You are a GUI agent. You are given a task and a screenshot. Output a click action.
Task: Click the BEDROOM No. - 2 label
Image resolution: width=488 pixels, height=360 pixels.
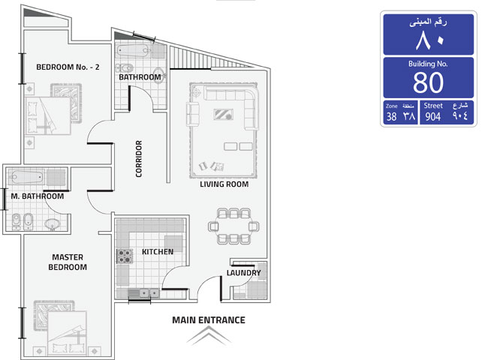pyautogui.click(x=68, y=67)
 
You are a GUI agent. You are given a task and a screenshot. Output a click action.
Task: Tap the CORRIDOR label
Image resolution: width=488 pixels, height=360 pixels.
pyautogui.click(x=139, y=159)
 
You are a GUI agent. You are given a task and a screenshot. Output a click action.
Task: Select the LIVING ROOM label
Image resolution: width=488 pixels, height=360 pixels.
pyautogui.click(x=224, y=184)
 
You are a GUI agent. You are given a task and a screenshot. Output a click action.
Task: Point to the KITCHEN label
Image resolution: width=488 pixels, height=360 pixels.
pyautogui.click(x=158, y=252)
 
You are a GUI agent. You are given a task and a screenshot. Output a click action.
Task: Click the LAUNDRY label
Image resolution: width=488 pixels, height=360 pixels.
pyautogui.click(x=244, y=273)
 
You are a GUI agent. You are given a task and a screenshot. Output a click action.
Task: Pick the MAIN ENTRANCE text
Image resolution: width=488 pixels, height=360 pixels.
pyautogui.click(x=209, y=320)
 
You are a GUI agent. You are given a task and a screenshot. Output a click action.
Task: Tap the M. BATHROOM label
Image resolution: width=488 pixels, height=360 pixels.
pyautogui.click(x=38, y=196)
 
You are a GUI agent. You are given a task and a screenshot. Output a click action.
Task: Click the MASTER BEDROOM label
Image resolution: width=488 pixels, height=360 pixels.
pyautogui.click(x=68, y=262)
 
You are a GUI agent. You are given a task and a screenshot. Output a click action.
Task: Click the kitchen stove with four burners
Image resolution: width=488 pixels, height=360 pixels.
pyautogui.click(x=125, y=256)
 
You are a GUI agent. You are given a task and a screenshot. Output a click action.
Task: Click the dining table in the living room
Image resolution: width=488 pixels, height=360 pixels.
pyautogui.click(x=233, y=226)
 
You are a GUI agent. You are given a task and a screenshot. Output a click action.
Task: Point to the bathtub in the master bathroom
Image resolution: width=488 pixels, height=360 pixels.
pyautogui.click(x=26, y=178)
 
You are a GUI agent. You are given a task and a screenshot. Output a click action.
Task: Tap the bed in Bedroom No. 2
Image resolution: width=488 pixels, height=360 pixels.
pyautogui.click(x=47, y=115)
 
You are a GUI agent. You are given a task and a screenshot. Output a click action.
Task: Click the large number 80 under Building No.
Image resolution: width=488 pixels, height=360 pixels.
pyautogui.click(x=428, y=82)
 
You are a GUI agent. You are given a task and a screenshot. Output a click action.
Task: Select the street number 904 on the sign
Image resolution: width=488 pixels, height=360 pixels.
pyautogui.click(x=433, y=117)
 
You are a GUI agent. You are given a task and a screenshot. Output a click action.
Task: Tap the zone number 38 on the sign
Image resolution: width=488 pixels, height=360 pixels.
pyautogui.click(x=391, y=117)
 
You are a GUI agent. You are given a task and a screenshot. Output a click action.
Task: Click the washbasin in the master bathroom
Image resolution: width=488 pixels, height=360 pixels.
pyautogui.click(x=53, y=223)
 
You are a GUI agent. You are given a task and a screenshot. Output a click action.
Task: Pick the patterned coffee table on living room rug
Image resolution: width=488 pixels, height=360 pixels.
pyautogui.click(x=224, y=115)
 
